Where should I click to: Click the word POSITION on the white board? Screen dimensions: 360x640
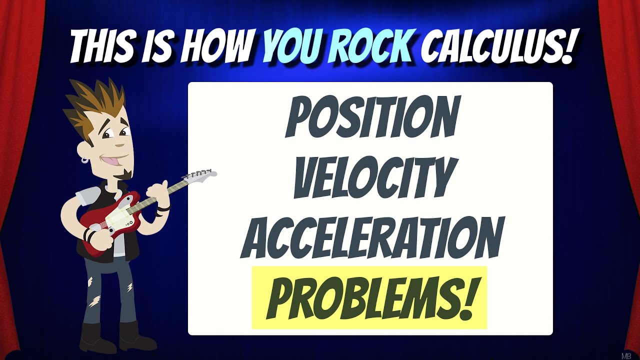pyautogui.click(x=370, y=118)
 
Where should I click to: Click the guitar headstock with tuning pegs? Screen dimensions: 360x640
pyautogui.click(x=200, y=175)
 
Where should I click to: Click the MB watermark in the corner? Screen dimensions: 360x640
pyautogui.click(x=626, y=355)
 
